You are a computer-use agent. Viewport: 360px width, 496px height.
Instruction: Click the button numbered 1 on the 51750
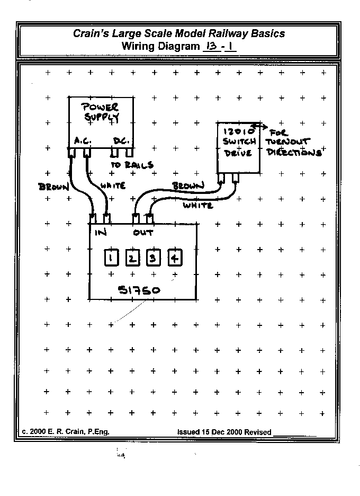[111, 258]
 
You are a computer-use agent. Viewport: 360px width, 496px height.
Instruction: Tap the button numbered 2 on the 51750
[132, 258]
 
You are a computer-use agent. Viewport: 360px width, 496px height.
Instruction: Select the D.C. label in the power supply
[122, 142]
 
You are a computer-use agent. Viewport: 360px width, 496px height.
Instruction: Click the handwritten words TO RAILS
[132, 165]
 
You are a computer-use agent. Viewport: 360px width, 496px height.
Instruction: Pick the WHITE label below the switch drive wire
[197, 205]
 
